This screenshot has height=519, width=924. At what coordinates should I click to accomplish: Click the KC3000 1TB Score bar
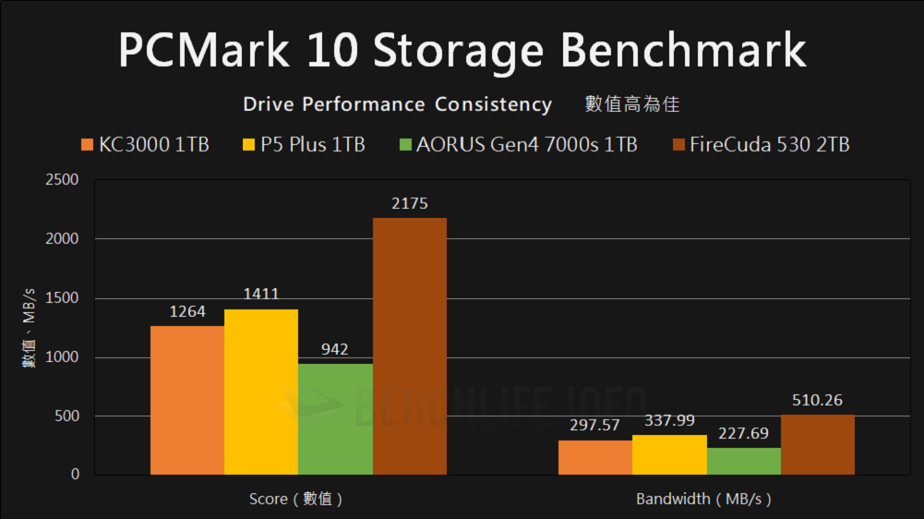click(x=187, y=401)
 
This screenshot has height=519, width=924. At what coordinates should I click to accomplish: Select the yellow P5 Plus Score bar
click(x=261, y=392)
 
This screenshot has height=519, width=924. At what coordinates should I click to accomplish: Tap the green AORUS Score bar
click(x=335, y=420)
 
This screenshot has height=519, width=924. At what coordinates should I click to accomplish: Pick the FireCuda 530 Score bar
click(x=409, y=346)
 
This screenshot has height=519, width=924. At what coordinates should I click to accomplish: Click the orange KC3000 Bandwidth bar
click(x=595, y=458)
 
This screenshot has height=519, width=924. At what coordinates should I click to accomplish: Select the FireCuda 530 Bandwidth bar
click(x=817, y=445)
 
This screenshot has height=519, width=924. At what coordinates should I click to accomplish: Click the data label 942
click(x=335, y=350)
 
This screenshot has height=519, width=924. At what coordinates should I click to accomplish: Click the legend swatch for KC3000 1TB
click(x=88, y=145)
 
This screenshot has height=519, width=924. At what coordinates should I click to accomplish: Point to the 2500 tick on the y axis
click(x=63, y=180)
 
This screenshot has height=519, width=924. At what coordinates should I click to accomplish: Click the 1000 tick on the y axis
click(x=63, y=357)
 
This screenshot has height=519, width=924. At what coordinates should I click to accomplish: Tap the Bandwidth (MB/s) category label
click(x=703, y=500)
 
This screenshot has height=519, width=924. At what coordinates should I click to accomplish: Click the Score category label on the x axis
click(x=296, y=500)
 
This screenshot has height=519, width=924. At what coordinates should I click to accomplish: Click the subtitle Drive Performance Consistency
click(x=397, y=104)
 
